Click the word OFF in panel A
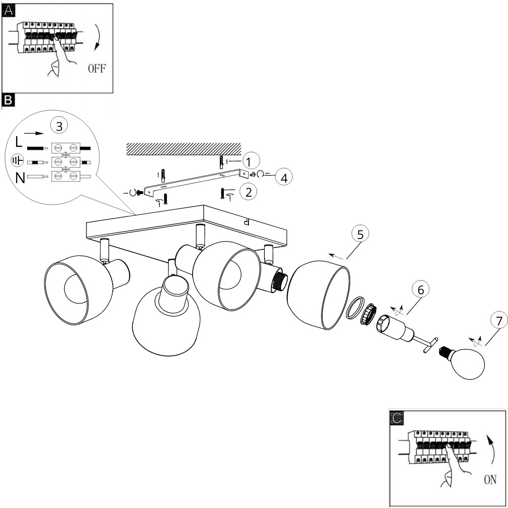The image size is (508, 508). (x=97, y=69)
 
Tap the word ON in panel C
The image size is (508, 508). (x=490, y=479)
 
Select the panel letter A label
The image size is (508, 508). (x=9, y=10)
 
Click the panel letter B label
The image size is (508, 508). (x=8, y=100)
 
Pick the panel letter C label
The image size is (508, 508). (x=396, y=418)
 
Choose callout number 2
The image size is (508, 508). (x=248, y=192)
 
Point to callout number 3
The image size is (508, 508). (x=59, y=126)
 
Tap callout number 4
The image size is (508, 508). (x=284, y=178)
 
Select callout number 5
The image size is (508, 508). (x=360, y=234)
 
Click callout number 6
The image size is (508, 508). (x=420, y=290)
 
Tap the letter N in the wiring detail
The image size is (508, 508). (x=20, y=178)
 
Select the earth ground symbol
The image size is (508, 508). (x=18, y=160)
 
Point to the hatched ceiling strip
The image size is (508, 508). (x=184, y=149)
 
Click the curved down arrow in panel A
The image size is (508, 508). (x=98, y=37)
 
